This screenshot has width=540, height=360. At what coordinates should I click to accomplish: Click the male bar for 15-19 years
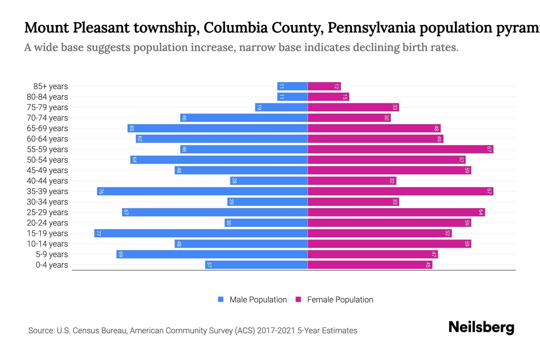(201, 233)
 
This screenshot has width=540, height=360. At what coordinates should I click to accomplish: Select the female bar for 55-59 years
(400, 149)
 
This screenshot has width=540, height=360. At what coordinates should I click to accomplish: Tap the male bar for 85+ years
(292, 86)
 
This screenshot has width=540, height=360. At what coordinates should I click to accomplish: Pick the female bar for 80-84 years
(328, 97)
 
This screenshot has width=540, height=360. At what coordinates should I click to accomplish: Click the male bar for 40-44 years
(268, 181)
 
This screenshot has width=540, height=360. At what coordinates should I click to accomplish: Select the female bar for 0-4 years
(370, 265)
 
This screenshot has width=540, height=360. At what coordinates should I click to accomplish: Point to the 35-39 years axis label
(47, 191)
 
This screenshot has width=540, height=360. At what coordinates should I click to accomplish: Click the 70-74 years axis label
(47, 118)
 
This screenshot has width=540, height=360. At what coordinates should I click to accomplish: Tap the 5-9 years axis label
(52, 254)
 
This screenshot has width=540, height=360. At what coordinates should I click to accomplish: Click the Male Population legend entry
(258, 299)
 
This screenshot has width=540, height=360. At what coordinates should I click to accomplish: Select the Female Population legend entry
(340, 299)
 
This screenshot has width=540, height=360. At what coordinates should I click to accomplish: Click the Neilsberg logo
(481, 327)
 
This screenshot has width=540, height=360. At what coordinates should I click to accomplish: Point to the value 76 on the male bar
(101, 191)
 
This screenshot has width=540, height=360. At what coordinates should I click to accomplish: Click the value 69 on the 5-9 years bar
(121, 254)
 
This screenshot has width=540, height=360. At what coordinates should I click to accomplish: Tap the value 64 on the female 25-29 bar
(481, 212)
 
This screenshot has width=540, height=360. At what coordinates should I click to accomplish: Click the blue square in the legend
(221, 299)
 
